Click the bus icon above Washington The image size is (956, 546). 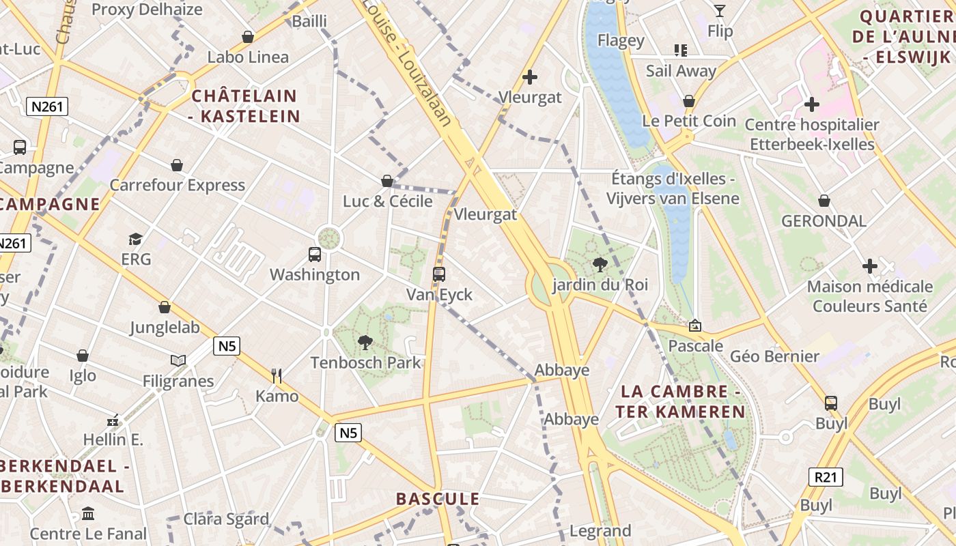pyautogui.click(x=315, y=255)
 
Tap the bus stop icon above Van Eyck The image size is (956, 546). pyautogui.click(x=439, y=274)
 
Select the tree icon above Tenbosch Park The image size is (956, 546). pyautogui.click(x=365, y=342)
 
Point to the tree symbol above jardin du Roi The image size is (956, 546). pyautogui.click(x=600, y=264)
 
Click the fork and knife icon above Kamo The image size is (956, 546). pyautogui.click(x=277, y=376)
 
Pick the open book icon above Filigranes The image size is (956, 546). pyautogui.click(x=178, y=360)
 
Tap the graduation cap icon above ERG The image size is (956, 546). pyautogui.click(x=135, y=239)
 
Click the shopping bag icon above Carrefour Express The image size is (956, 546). pyautogui.click(x=177, y=165)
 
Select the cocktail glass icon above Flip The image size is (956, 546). pyautogui.click(x=720, y=10)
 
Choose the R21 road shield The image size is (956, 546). pyautogui.click(x=825, y=476)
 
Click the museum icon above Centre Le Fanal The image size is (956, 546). pyautogui.click(x=88, y=513)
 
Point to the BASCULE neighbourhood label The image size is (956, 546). pyautogui.click(x=438, y=499)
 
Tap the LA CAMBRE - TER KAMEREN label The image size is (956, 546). pyautogui.click(x=680, y=401)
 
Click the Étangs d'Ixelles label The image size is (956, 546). pyautogui.click(x=673, y=188)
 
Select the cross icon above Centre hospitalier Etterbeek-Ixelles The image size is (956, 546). pyautogui.click(x=811, y=104)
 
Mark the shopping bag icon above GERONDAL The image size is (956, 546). pyautogui.click(x=824, y=201)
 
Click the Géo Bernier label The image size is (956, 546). pyautogui.click(x=774, y=356)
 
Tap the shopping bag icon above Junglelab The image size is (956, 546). pyautogui.click(x=165, y=307)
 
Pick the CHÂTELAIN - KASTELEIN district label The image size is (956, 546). pyautogui.click(x=245, y=106)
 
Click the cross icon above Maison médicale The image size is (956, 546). pyautogui.click(x=870, y=265)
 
